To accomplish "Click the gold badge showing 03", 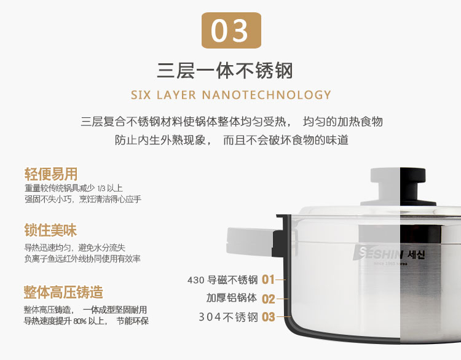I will click(231, 31).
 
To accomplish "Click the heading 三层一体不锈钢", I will click(225, 71).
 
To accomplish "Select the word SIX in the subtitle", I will click(141, 95).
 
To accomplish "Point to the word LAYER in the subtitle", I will click(177, 95).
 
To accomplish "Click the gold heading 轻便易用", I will click(50, 174).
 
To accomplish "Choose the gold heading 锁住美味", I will click(50, 231).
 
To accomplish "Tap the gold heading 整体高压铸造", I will click(63, 292).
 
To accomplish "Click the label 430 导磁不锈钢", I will click(223, 280).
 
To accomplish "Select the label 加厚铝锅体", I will click(232, 299).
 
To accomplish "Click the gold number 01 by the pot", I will click(268, 280).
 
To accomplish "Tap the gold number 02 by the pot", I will click(268, 299).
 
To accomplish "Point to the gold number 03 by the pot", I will click(268, 318).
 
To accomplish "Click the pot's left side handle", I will click(249, 237).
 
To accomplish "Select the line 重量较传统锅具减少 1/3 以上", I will click(74, 188).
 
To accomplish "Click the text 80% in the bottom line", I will click(82, 321).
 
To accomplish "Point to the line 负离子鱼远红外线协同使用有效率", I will click(82, 259).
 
